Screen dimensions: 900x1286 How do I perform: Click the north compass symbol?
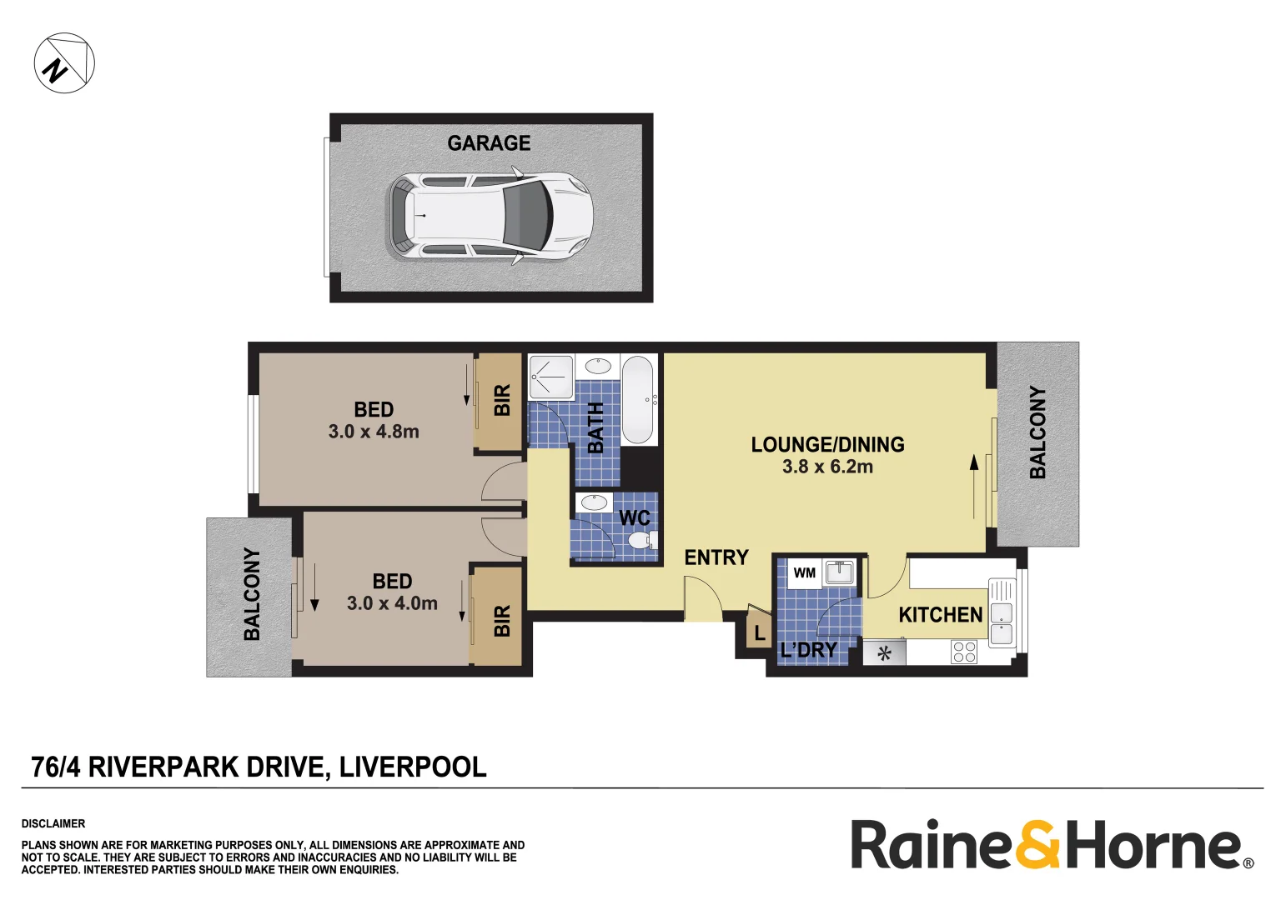tap(64, 63)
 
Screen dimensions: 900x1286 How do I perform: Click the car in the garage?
tap(490, 216)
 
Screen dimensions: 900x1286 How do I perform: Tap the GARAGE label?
tap(489, 143)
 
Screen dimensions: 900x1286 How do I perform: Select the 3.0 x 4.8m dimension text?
tap(374, 432)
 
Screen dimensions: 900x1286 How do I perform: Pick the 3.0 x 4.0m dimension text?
tap(392, 603)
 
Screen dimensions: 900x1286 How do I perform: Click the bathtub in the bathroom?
tap(638, 400)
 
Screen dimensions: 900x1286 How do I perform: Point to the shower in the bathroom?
tap(551, 377)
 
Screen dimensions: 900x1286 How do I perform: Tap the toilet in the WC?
tap(640, 542)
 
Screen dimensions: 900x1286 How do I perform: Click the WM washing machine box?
tap(805, 573)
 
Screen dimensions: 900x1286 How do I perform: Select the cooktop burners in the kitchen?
tap(964, 652)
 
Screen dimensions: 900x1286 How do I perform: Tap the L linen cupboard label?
tap(759, 633)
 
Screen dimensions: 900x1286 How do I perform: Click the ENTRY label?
tap(716, 557)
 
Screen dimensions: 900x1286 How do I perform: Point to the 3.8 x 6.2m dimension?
tap(827, 467)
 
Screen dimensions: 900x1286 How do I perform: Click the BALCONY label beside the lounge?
tap(1037, 432)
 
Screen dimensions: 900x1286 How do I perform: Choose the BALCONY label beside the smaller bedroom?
tap(251, 594)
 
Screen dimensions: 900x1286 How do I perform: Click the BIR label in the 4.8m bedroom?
tap(501, 401)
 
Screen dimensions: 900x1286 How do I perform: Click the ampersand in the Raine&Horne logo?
tap(1037, 845)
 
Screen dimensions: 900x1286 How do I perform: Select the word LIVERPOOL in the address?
tap(413, 767)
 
